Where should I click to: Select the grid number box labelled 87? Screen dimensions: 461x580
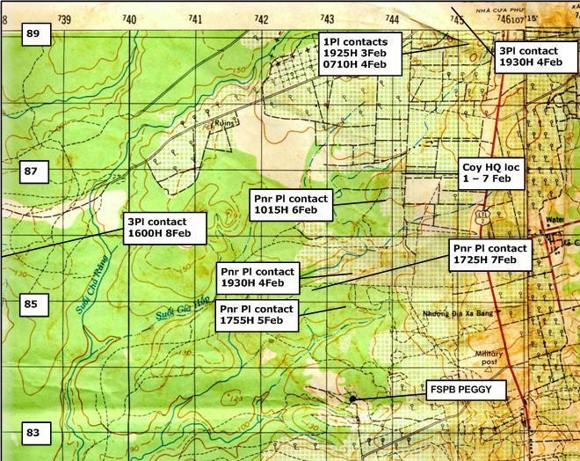[x=32, y=172]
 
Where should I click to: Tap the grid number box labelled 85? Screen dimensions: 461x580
[x=32, y=305]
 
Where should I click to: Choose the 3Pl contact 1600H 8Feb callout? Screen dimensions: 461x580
[x=164, y=228]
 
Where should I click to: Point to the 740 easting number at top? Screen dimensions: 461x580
[x=129, y=18]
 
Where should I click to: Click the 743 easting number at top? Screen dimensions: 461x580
[x=327, y=18]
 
